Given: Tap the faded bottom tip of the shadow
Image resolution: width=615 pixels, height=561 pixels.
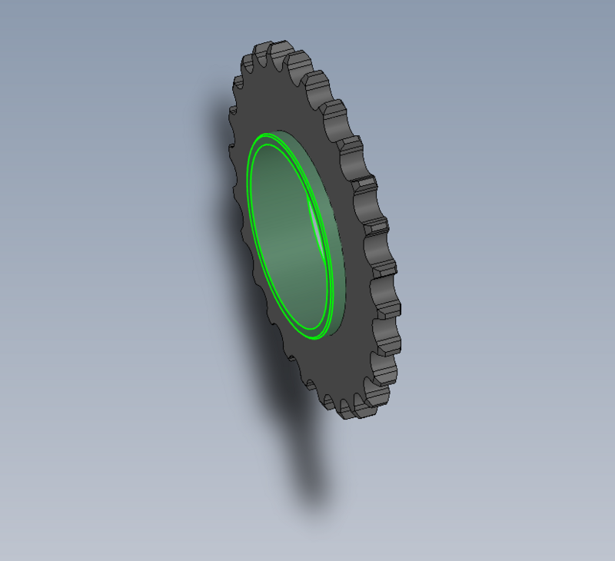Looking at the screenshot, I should [314, 503].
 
